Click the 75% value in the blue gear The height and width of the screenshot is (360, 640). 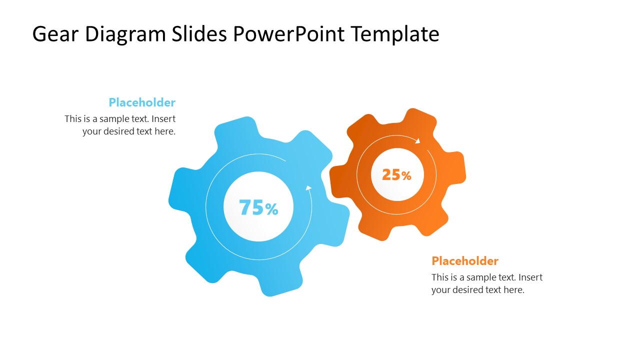click(258, 207)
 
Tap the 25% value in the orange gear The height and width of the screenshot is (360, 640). click(396, 175)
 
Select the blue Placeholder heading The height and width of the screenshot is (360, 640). click(142, 102)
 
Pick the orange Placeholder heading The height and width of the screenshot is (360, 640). click(465, 261)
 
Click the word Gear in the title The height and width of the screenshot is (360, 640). click(55, 34)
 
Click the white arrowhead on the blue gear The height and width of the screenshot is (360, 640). click(308, 188)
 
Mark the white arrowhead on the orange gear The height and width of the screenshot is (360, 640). click(417, 141)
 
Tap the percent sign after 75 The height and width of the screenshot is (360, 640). click(271, 209)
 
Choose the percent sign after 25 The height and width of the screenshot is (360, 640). click(406, 176)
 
